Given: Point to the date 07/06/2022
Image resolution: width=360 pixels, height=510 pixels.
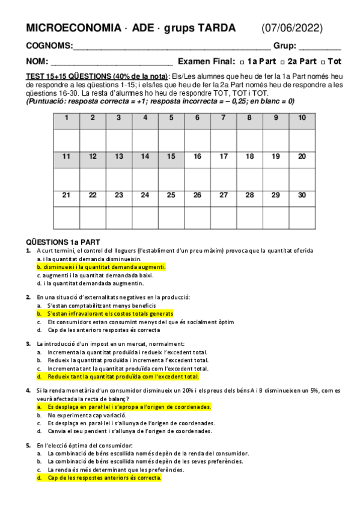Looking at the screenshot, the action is coord(292,28).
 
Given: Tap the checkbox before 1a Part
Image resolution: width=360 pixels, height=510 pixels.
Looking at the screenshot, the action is coord(242,62).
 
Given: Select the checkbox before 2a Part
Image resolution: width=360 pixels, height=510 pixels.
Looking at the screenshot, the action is coord(282,62).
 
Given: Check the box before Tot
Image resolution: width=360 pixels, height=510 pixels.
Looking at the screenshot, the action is coord(324,62).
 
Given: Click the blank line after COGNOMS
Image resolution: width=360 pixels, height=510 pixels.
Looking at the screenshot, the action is coord(171,47).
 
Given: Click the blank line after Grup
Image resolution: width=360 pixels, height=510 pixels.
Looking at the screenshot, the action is coord(320,47).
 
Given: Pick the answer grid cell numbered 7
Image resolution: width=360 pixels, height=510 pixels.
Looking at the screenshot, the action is coord(223,118).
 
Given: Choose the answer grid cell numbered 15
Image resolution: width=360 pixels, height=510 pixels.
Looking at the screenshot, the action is coord(171,156).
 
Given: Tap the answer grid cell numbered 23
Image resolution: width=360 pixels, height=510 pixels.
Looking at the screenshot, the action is coord(118,195).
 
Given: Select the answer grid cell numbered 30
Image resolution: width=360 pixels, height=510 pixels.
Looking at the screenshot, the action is coord(302,195).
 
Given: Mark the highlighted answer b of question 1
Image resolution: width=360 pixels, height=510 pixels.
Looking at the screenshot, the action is coord(101,266).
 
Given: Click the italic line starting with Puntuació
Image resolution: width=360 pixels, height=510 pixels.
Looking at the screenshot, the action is coord(160,101).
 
